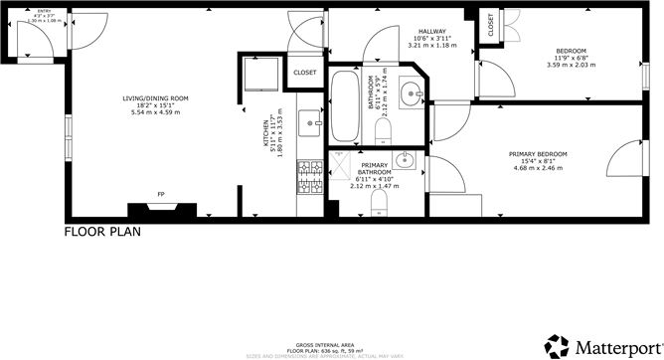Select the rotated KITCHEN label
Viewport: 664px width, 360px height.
click(265, 131)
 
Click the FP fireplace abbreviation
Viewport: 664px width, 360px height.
click(161, 194)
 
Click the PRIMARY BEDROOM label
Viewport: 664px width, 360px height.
click(538, 154)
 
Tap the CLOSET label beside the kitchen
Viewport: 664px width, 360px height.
click(305, 73)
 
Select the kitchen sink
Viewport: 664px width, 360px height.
click(308, 125)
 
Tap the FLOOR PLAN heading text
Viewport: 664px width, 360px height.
click(102, 233)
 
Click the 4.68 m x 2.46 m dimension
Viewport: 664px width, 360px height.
click(538, 169)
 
